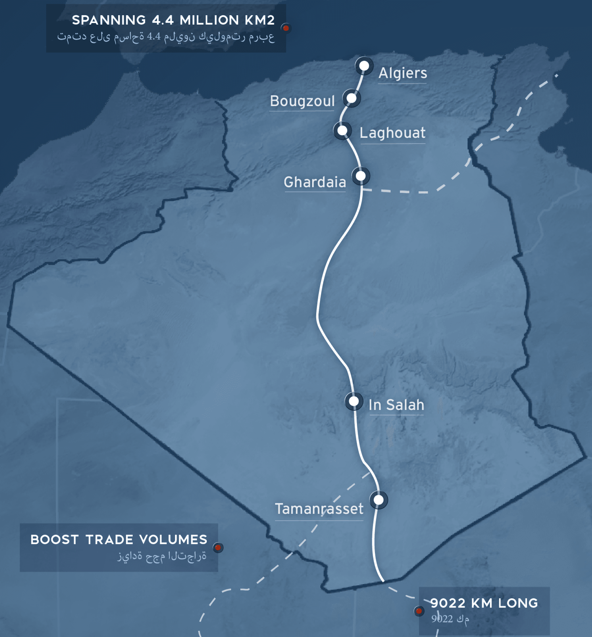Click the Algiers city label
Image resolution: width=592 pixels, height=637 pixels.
(403, 73)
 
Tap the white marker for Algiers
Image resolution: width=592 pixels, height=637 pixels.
(364, 66)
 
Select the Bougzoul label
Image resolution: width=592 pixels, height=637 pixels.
(302, 101)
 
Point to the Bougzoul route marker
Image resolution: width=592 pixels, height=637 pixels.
(351, 98)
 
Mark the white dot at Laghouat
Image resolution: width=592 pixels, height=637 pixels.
(342, 130)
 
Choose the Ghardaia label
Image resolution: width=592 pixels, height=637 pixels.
(315, 182)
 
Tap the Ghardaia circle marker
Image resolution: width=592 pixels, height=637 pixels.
(361, 176)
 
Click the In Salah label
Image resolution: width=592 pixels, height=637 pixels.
(396, 405)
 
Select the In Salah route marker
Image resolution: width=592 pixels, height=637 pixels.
(354, 401)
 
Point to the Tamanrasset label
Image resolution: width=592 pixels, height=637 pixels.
(319, 509)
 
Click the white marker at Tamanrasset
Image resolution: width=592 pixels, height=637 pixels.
(379, 500)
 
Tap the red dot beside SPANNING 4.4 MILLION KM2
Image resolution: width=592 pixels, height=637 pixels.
(286, 28)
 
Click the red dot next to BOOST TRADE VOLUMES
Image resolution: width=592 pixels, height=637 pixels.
(218, 548)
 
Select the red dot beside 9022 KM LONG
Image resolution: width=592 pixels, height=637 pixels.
(419, 611)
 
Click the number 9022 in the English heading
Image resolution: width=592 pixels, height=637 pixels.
(448, 603)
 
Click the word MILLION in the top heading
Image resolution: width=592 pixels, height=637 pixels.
(209, 20)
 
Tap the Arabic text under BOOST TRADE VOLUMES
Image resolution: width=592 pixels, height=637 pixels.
(162, 556)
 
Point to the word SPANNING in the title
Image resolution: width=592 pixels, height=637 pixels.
(109, 20)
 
